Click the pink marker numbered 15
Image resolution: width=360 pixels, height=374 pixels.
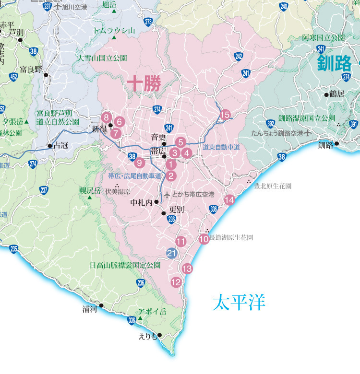click(225, 114)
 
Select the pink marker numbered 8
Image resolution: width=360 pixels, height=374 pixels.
click(107, 117)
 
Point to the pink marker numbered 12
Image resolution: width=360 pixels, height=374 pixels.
click(176, 282)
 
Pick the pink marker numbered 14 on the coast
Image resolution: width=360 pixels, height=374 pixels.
click(229, 199)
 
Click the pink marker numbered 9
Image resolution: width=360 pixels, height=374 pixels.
click(140, 162)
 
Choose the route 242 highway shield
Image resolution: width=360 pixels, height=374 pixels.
click(239, 56)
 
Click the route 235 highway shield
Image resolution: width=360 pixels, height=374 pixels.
click(13, 248)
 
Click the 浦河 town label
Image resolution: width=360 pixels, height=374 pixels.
click(90, 310)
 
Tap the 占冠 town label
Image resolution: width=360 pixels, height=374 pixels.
click(61, 145)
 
